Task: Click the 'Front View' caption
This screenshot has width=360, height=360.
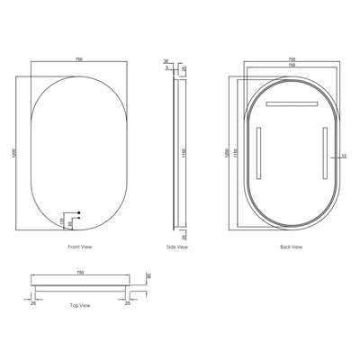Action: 79,246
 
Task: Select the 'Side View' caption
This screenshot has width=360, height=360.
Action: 177,246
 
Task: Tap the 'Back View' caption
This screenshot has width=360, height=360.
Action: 290,246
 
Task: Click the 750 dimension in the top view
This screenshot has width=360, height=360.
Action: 79,272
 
